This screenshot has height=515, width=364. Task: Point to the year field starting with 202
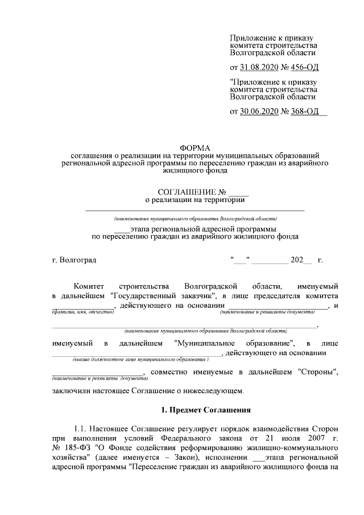[298, 260]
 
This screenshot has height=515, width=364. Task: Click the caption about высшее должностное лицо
[140, 360]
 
